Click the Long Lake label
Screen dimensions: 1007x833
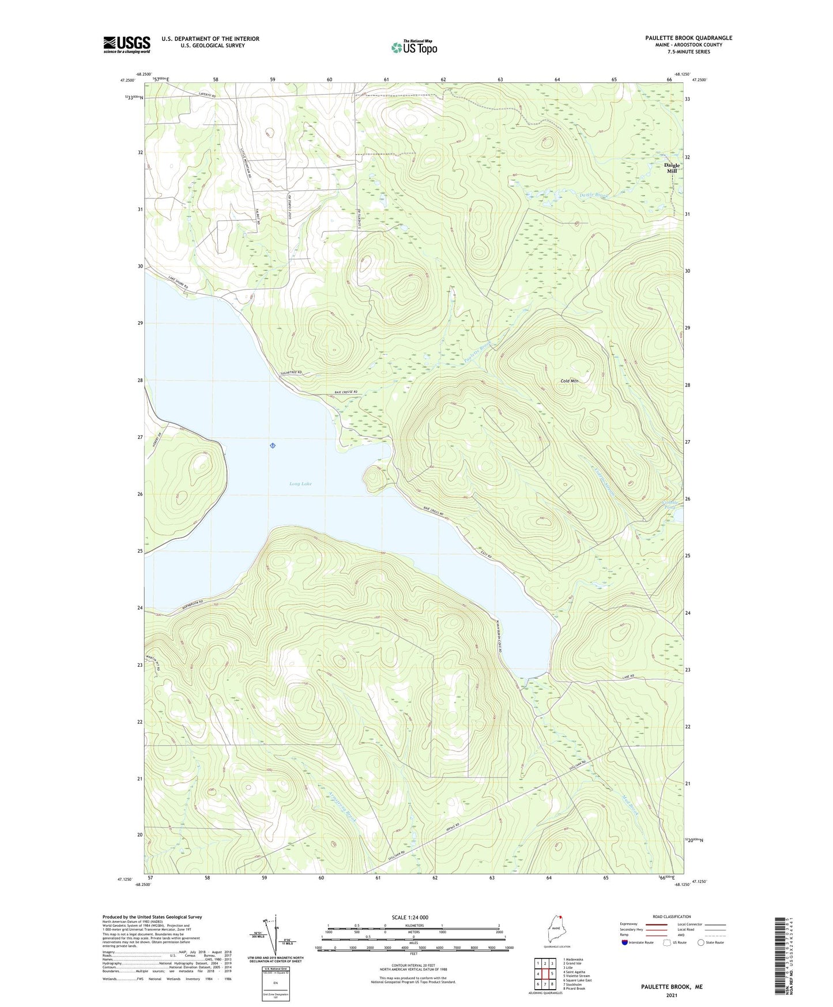pyautogui.click(x=300, y=484)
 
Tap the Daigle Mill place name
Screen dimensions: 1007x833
pyautogui.click(x=672, y=168)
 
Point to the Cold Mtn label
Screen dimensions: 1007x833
pyautogui.click(x=569, y=381)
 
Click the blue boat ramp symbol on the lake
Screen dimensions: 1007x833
pyautogui.click(x=272, y=445)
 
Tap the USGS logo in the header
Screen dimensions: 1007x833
pyautogui.click(x=127, y=44)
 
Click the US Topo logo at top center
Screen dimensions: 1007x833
pyautogui.click(x=414, y=47)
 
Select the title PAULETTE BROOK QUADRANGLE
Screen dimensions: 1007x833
pyautogui.click(x=688, y=38)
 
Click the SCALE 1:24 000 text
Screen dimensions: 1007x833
pyautogui.click(x=410, y=917)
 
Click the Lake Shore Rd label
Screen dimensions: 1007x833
pyautogui.click(x=178, y=282)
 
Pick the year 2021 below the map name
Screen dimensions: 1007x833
pyautogui.click(x=672, y=995)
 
